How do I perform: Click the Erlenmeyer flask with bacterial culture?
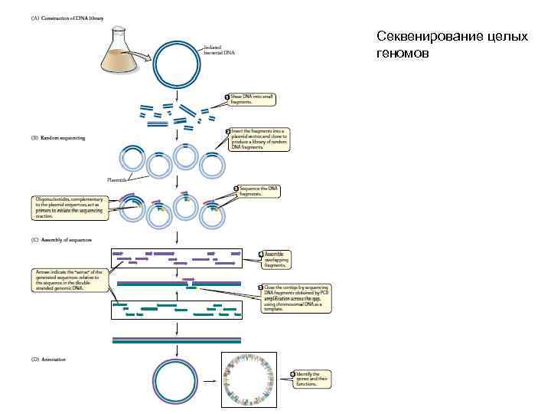122,54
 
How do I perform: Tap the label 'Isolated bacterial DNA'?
217,51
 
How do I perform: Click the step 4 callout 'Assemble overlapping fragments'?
276,257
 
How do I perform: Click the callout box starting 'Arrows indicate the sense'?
73,278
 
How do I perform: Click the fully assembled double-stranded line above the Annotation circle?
177,340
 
